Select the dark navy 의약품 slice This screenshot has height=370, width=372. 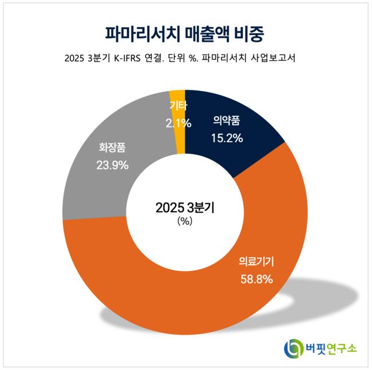click(x=240, y=154)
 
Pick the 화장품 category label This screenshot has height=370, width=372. click(x=111, y=147)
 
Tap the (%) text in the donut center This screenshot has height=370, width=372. click(x=185, y=222)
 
